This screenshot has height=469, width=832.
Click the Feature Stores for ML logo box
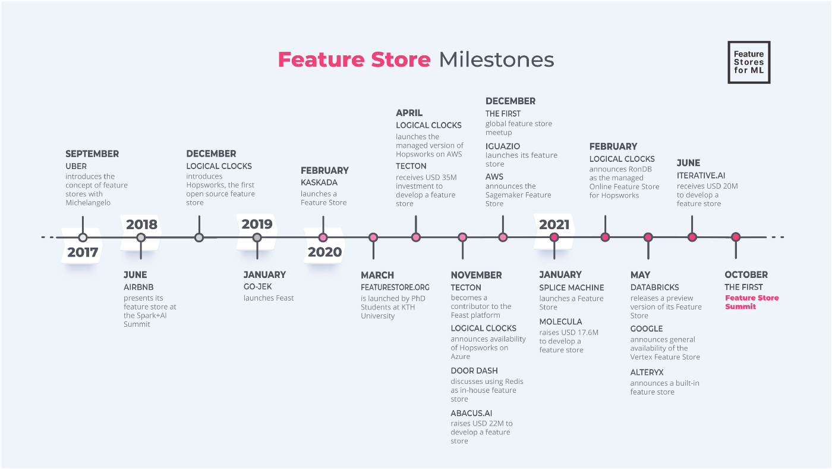(x=749, y=62)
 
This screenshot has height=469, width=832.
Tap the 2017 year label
(x=83, y=252)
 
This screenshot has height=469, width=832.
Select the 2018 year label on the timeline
(x=141, y=224)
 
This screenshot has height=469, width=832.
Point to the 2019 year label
(x=257, y=224)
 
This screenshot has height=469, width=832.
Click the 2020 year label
(x=324, y=252)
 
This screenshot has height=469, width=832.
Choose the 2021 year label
(x=554, y=224)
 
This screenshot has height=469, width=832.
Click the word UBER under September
(x=76, y=166)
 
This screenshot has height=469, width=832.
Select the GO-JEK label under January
(x=257, y=287)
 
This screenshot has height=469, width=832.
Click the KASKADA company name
(x=319, y=183)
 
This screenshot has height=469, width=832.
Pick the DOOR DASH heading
(x=474, y=371)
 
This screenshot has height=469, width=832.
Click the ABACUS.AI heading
(x=471, y=413)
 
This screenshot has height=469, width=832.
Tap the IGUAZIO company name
(x=503, y=146)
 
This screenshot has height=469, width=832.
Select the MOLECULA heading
(x=560, y=322)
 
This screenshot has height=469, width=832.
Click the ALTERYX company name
(x=647, y=373)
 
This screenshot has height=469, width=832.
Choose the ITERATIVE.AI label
(x=701, y=176)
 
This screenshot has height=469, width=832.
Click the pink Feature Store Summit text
(x=751, y=302)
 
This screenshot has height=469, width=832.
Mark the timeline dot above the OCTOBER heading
(x=736, y=237)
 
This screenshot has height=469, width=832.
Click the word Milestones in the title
(x=496, y=60)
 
